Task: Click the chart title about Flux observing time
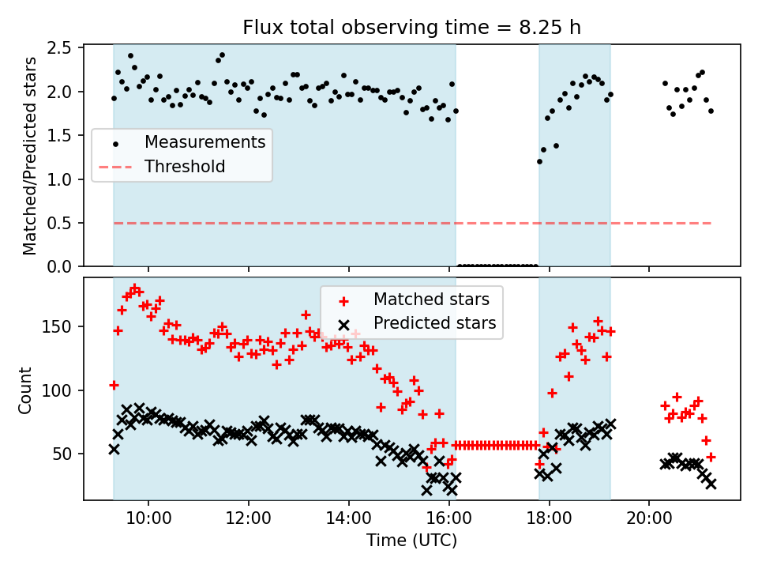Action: pos(411,28)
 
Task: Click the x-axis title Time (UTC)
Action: pos(411,541)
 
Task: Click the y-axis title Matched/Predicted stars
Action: pos(31,156)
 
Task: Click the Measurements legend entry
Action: pos(204,143)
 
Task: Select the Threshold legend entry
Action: pos(185,167)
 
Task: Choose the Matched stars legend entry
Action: pos(431,300)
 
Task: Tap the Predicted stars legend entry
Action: pos(434,322)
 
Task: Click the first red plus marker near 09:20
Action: pos(114,385)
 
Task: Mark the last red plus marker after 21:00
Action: pos(711,457)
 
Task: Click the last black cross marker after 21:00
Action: pos(711,484)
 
